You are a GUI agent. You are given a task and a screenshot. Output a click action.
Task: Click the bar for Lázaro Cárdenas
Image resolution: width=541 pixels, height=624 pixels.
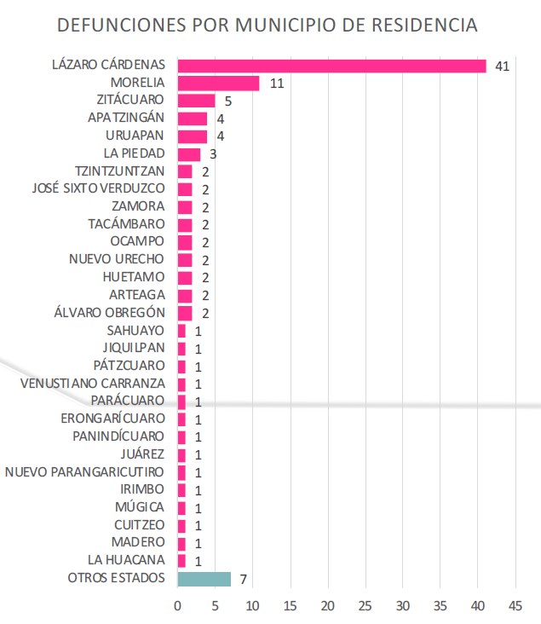331,66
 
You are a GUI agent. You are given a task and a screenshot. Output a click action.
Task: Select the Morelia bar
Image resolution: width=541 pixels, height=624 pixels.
218,83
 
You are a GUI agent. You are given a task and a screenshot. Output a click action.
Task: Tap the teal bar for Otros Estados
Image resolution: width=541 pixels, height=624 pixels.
204,579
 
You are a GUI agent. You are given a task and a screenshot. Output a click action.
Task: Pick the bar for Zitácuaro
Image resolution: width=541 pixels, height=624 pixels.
196,101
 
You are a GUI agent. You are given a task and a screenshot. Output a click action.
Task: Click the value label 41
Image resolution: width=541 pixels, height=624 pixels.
501,66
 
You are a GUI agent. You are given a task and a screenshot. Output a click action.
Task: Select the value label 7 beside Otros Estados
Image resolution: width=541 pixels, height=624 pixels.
243,580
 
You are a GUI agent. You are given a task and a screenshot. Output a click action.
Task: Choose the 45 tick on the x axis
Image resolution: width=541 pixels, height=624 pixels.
515,606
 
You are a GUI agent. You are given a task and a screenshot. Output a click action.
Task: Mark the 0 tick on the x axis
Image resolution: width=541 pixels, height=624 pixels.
177,606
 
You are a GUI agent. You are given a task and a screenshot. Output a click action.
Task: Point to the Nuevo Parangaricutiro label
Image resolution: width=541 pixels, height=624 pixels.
85,471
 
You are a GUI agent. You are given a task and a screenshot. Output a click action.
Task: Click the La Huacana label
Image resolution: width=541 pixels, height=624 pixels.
126,560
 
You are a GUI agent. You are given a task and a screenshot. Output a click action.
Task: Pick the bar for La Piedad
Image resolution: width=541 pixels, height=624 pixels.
188,153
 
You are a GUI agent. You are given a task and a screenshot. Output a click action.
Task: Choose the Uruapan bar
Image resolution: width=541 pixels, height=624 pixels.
193,136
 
